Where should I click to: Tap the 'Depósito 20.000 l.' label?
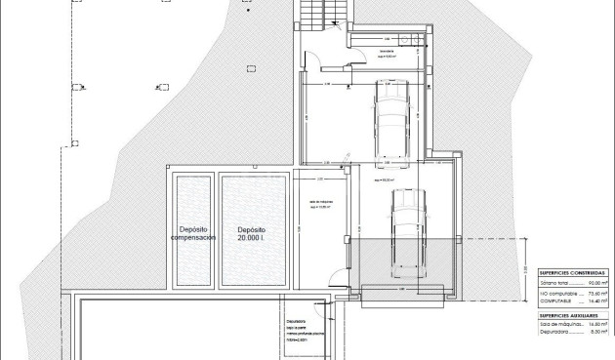tap(250, 234)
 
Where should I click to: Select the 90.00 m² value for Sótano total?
tap(597, 282)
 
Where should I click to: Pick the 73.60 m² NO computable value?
tap(597, 292)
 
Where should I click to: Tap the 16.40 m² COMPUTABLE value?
tap(597, 301)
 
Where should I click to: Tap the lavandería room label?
tap(388, 51)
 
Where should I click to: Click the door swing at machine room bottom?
tap(335, 278)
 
